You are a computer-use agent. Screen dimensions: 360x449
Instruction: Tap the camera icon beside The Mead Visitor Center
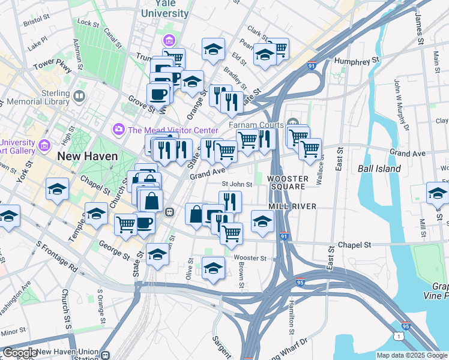tap(118, 130)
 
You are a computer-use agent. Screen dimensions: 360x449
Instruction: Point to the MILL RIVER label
tap(292, 206)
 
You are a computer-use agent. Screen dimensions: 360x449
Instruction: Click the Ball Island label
tap(379, 169)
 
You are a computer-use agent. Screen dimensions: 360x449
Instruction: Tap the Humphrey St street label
tap(358, 61)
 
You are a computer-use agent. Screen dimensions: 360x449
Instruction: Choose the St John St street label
tap(237, 185)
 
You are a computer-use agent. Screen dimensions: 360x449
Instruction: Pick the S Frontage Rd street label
tap(57, 255)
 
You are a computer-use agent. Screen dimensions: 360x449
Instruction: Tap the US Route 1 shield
tap(399, 337)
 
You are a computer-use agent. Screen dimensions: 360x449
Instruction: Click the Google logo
tap(19, 353)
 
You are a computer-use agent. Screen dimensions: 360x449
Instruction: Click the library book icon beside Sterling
tap(79, 95)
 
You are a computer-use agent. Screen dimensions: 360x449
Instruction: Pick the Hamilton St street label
tap(291, 317)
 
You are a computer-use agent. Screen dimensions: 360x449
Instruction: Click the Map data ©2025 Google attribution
tap(412, 355)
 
